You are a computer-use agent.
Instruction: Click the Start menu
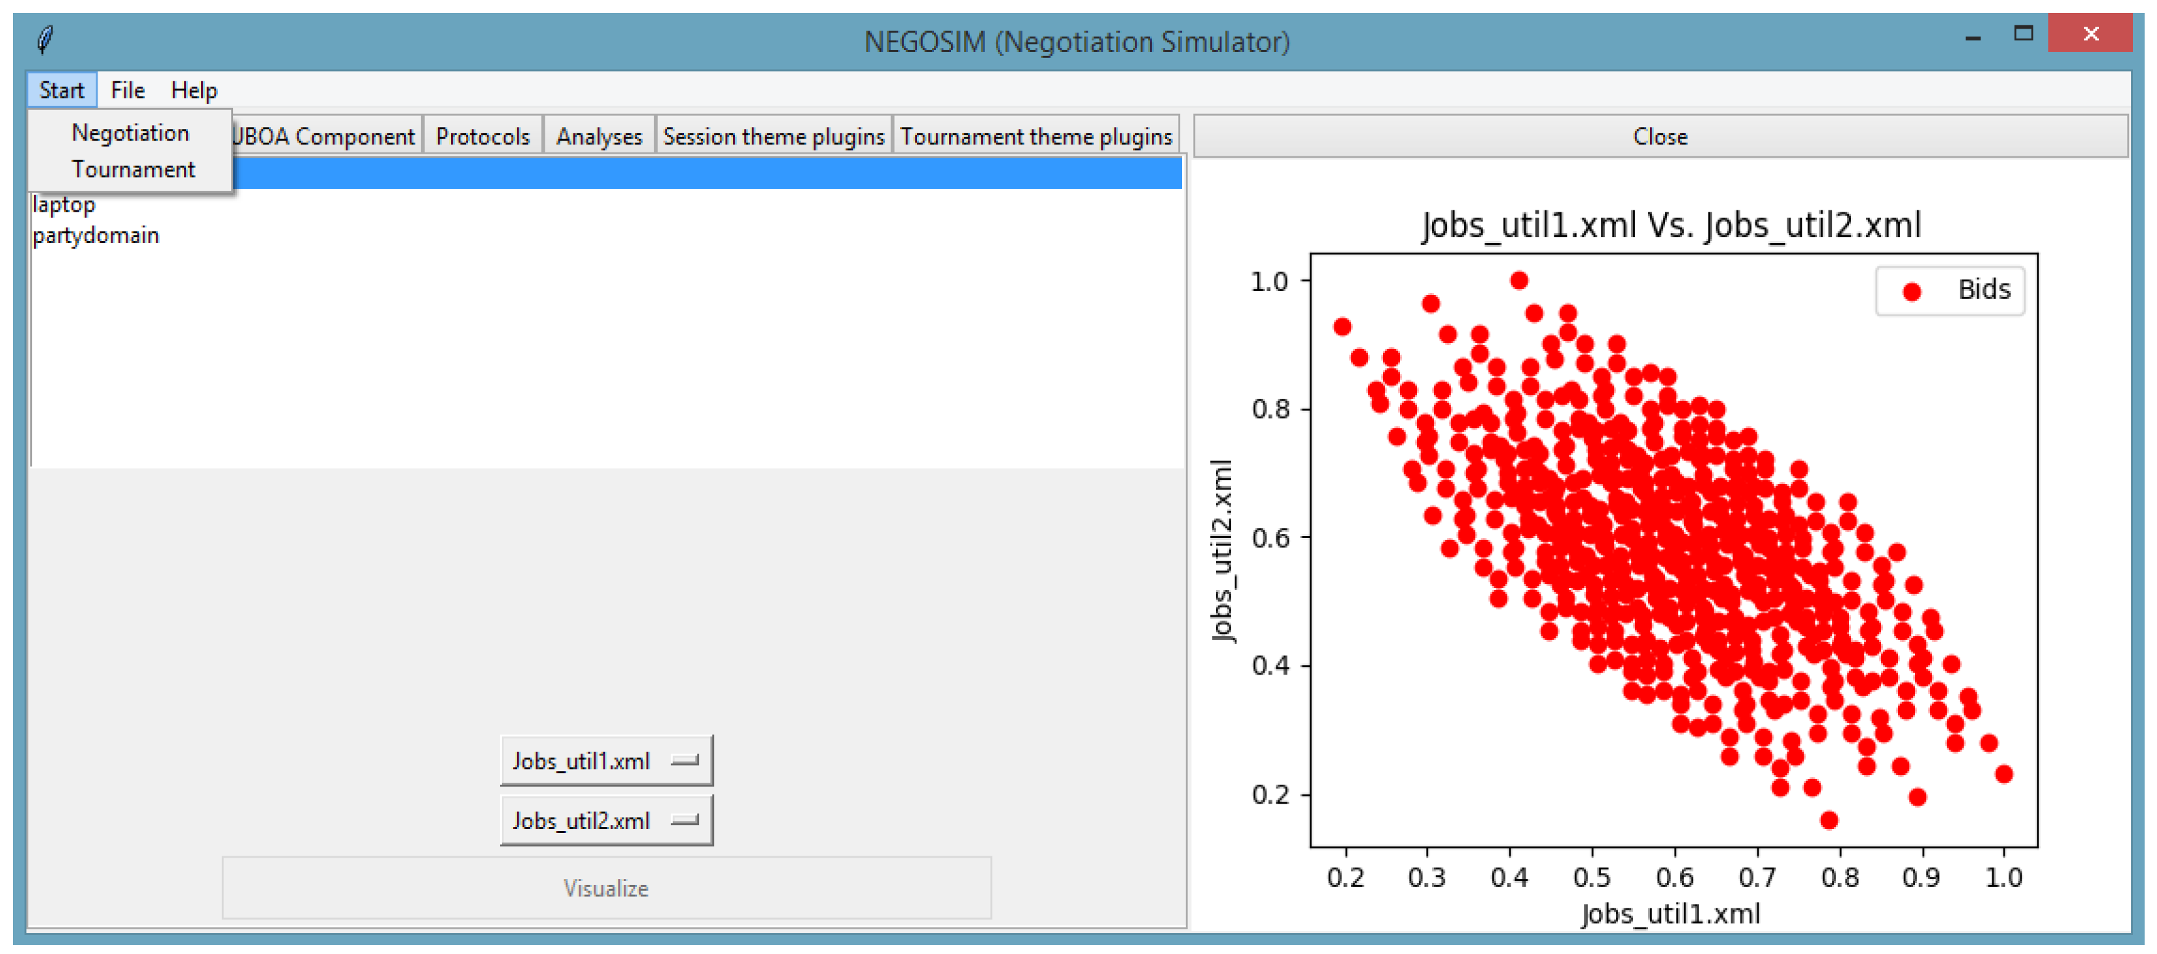(61, 90)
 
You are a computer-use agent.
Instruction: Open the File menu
(128, 90)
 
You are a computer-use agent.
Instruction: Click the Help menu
(193, 90)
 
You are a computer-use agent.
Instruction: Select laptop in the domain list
(64, 204)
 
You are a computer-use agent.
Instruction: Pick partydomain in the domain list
(96, 235)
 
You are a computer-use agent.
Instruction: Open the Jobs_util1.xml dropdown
(605, 761)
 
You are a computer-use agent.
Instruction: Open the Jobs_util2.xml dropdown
(605, 820)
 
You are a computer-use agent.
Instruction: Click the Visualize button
(605, 888)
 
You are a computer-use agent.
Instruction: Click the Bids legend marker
(1912, 292)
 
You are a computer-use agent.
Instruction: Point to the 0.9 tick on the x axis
(1921, 877)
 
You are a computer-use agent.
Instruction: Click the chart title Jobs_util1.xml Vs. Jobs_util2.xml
(1671, 225)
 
